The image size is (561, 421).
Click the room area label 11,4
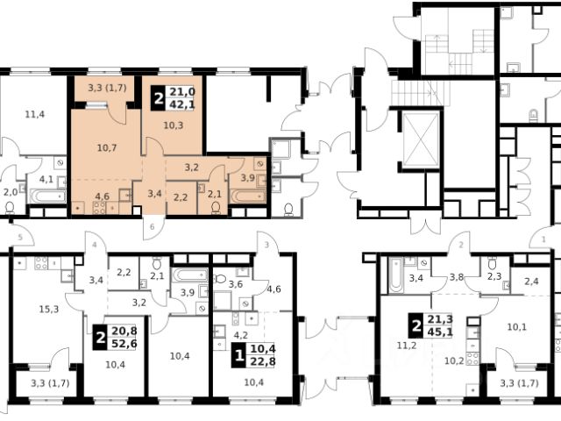pos(35,115)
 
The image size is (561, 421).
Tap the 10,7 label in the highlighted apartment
pos(107,147)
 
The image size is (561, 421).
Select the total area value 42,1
pos(182,104)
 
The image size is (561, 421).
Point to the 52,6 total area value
pos(124,344)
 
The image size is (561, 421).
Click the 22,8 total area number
pos(263,361)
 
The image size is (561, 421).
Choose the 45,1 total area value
pos(440,332)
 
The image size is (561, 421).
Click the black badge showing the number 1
pos(238,355)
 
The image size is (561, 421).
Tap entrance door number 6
pos(153,226)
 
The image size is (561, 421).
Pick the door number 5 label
pos(20,237)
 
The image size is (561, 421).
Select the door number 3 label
pos(266,246)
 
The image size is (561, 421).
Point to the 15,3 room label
pos(49,309)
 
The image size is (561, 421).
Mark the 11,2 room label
pos(407,346)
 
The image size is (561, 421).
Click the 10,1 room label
pos(517,326)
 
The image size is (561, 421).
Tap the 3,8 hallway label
pos(457,277)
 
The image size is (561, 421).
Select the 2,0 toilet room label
pos(11,192)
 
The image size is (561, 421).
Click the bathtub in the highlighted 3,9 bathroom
pos(248,196)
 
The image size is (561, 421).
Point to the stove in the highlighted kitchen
pos(99,208)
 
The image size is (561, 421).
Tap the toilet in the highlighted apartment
pos(216,208)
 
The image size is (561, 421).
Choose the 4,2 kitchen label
pos(241,336)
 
